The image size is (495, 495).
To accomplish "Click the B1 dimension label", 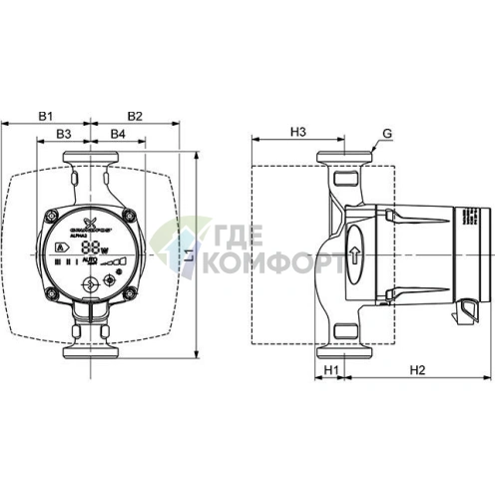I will [x=47, y=117].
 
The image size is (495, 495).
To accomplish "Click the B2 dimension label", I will [x=136, y=117].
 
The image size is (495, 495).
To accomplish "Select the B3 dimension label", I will [x=64, y=133].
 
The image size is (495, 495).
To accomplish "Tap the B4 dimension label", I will [x=117, y=133].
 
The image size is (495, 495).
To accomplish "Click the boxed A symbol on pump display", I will [x=63, y=247].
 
